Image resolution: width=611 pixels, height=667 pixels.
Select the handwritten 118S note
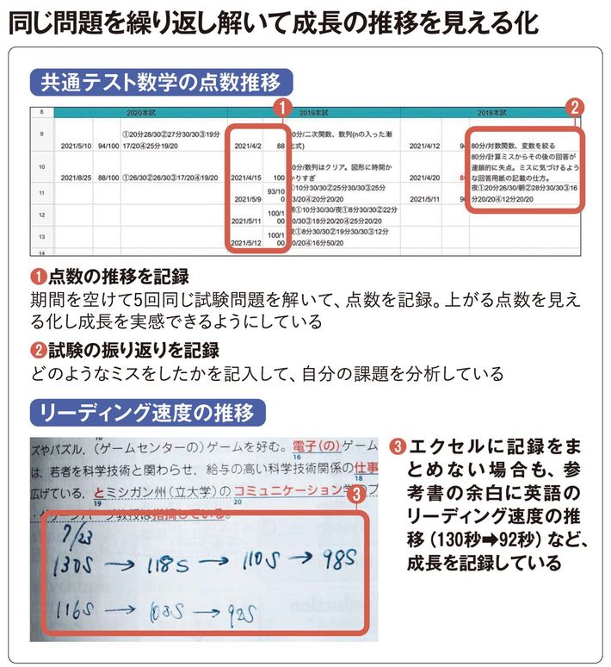coord(162,566)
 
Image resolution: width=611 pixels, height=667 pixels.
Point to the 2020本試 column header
coord(140,113)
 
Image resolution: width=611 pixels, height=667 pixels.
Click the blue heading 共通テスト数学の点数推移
coord(161,84)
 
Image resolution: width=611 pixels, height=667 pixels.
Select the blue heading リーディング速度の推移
coord(148,412)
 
